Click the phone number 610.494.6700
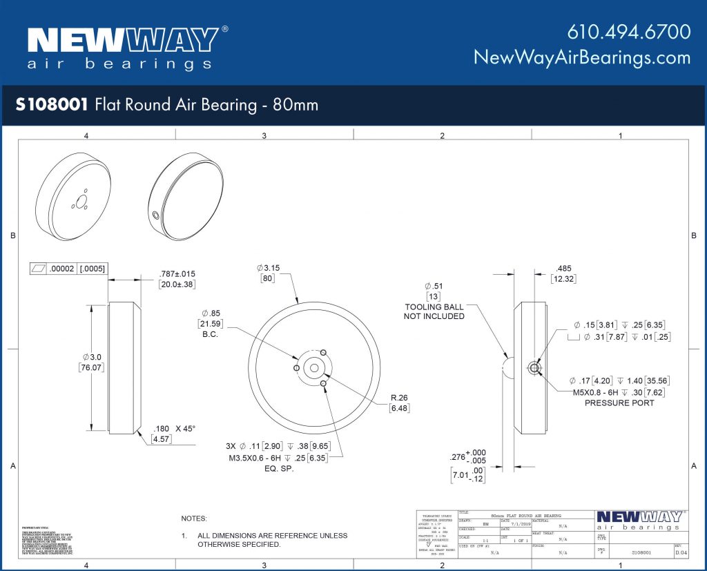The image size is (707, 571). [629, 32]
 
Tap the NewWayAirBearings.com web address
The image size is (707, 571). [582, 57]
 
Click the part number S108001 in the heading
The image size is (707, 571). [51, 105]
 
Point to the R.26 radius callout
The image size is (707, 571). [399, 398]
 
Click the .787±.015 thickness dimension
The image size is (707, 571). [177, 273]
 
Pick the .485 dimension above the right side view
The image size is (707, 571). [564, 269]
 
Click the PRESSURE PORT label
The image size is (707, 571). [619, 403]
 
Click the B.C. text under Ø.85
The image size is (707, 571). [210, 334]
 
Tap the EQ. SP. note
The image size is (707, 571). [280, 468]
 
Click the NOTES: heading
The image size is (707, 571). [194, 518]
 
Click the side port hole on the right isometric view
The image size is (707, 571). [156, 216]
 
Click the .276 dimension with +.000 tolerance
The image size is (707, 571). [458, 456]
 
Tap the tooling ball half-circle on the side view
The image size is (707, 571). [509, 367]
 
